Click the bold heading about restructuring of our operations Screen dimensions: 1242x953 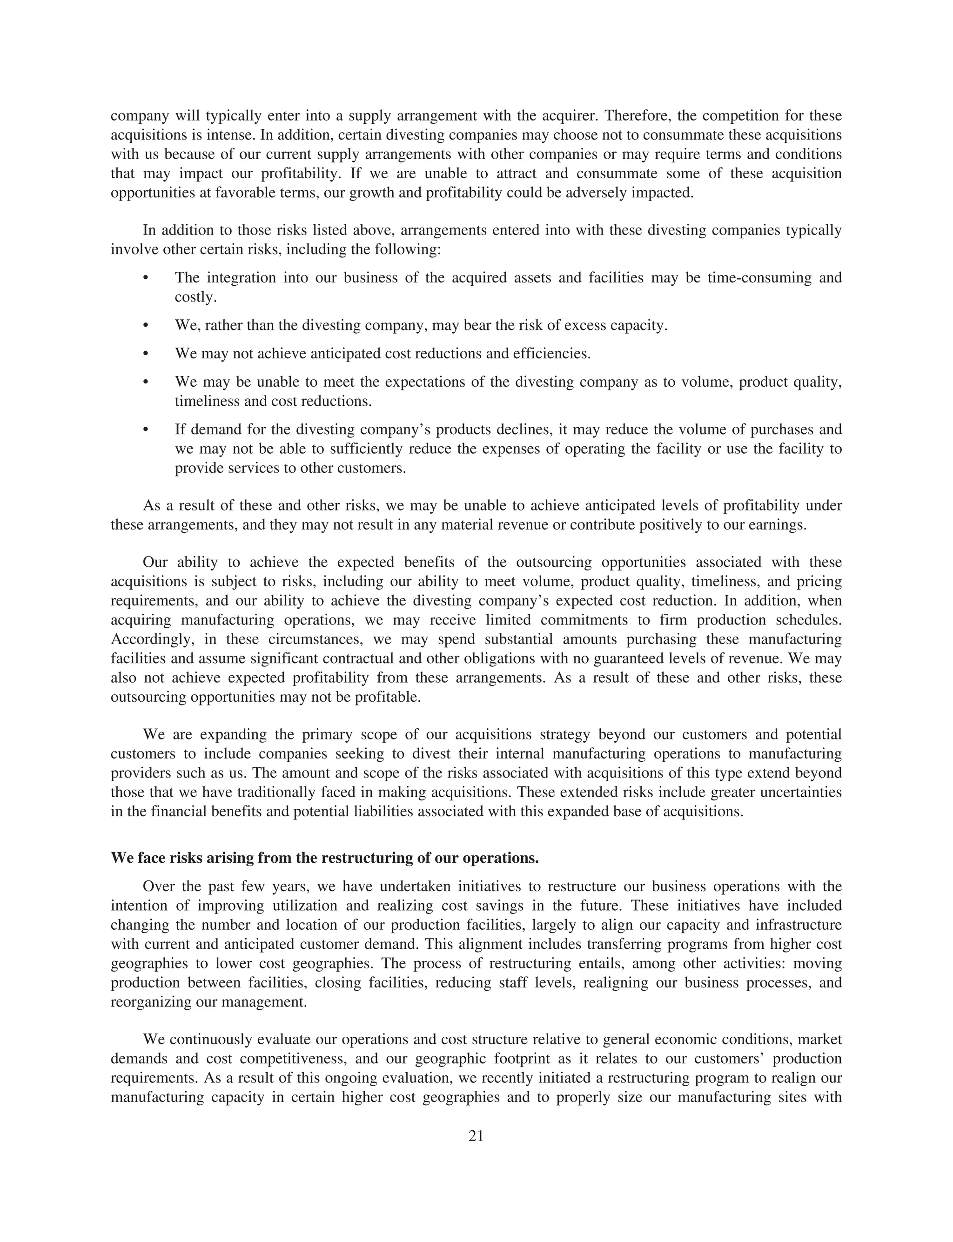coord(324,858)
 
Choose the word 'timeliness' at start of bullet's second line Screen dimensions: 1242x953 coord(206,402)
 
